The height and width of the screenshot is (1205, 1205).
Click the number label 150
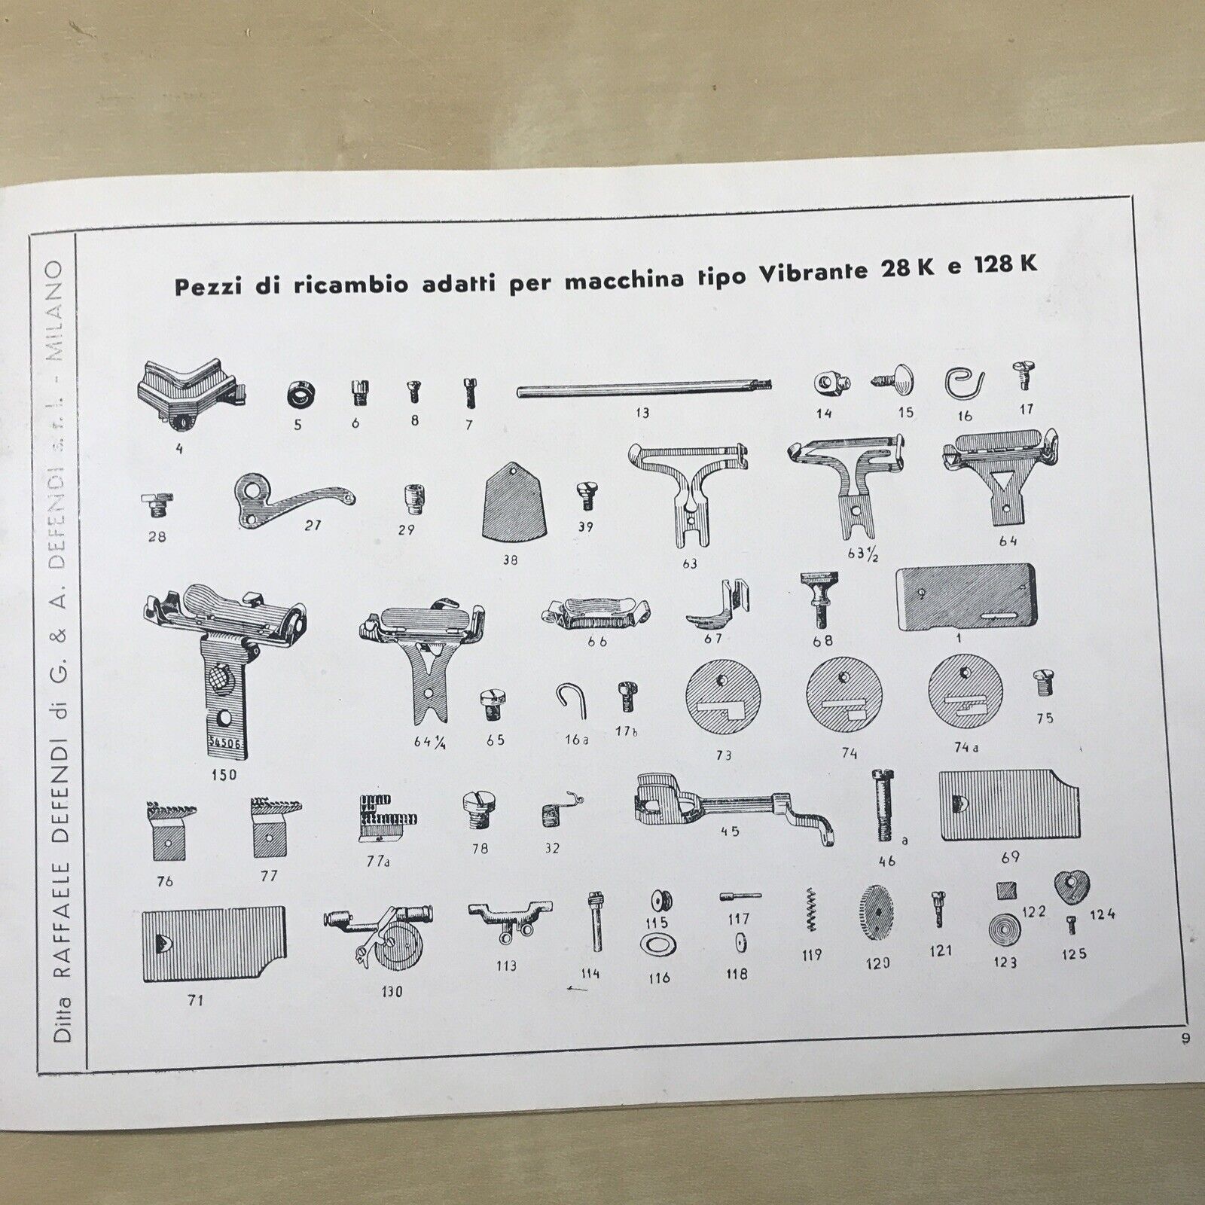pyautogui.click(x=224, y=773)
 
